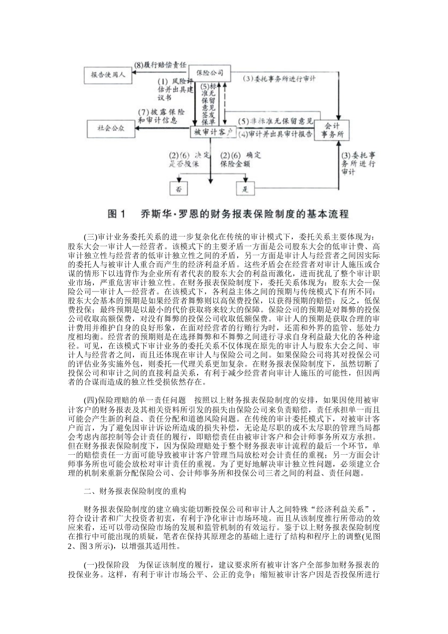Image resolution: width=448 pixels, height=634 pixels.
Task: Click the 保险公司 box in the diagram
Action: pos(210,73)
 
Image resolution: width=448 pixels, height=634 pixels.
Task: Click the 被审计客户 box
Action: pos(214,133)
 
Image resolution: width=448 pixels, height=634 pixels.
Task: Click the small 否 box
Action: pos(179,189)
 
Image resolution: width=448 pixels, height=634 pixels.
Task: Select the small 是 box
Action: pos(245,189)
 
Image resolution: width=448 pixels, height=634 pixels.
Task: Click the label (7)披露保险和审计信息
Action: pos(161,117)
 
